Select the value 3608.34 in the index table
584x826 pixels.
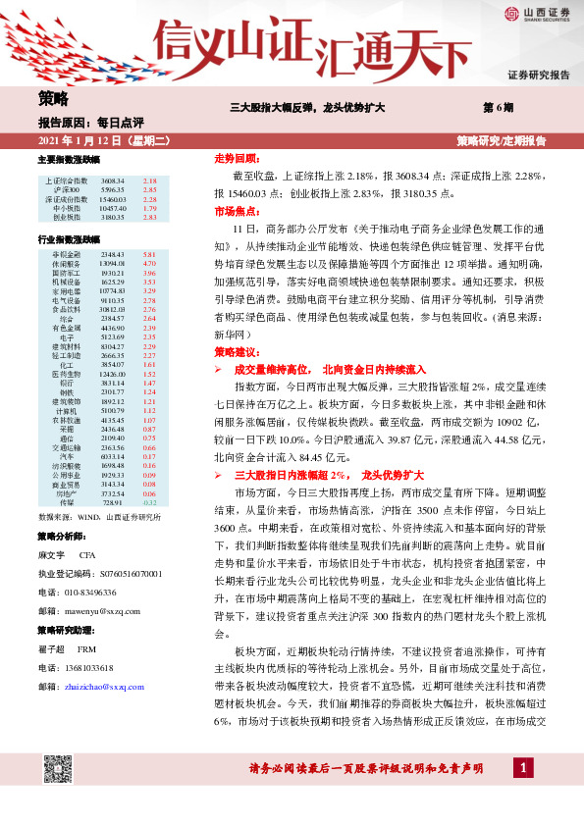point(112,181)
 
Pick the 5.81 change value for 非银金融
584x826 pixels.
point(150,255)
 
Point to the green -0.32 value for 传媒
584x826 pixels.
point(150,502)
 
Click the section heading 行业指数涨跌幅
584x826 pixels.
point(68,239)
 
